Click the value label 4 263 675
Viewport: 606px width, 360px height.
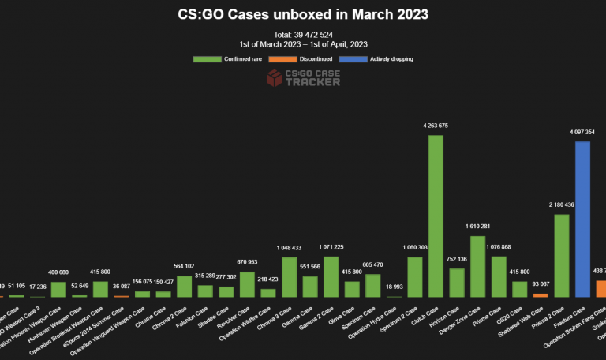coord(436,126)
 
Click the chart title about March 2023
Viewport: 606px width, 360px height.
coord(302,15)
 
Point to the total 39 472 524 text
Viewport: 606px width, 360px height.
coord(303,35)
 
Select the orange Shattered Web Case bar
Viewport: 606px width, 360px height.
coord(541,295)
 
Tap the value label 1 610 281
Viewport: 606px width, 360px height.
coord(477,227)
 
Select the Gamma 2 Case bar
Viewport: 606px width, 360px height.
coord(331,276)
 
